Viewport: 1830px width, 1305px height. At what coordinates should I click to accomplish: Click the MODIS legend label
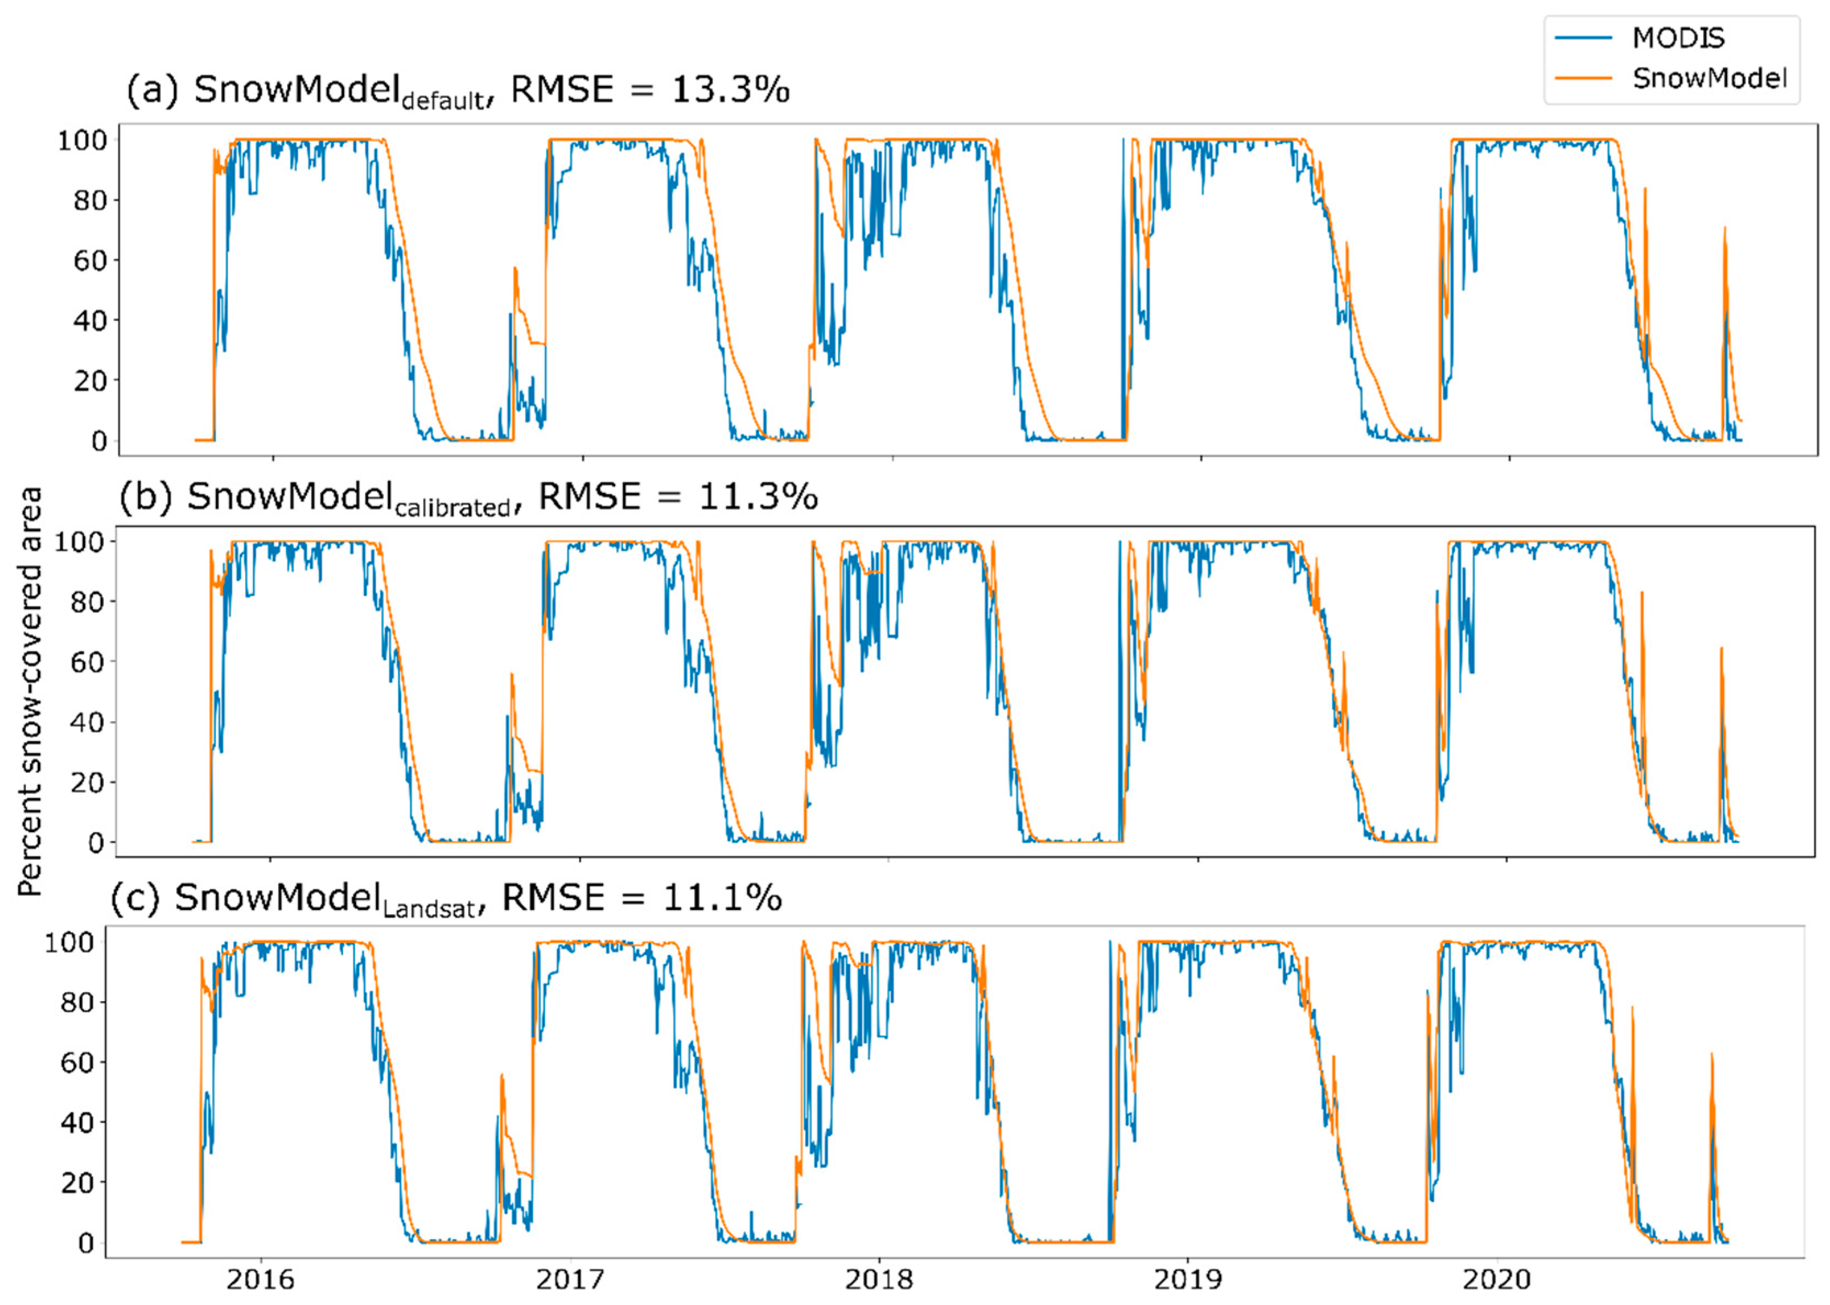point(1677,38)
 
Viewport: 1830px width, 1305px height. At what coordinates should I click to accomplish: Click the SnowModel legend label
point(1709,78)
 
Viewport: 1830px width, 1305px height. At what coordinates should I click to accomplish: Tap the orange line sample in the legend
point(1583,78)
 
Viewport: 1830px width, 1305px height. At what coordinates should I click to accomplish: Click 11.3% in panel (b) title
point(757,496)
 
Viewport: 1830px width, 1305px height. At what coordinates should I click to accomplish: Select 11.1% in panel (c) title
point(722,897)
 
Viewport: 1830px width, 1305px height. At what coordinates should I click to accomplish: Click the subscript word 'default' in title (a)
point(443,100)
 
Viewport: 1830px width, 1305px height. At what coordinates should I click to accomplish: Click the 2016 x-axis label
point(260,1279)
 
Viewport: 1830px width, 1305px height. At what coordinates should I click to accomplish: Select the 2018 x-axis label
point(879,1279)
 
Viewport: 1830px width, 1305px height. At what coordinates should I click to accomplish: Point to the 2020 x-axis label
point(1496,1279)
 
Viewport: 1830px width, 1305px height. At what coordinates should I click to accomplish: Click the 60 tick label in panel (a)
point(90,261)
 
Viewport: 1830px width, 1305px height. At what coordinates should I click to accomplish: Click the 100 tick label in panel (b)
point(79,541)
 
